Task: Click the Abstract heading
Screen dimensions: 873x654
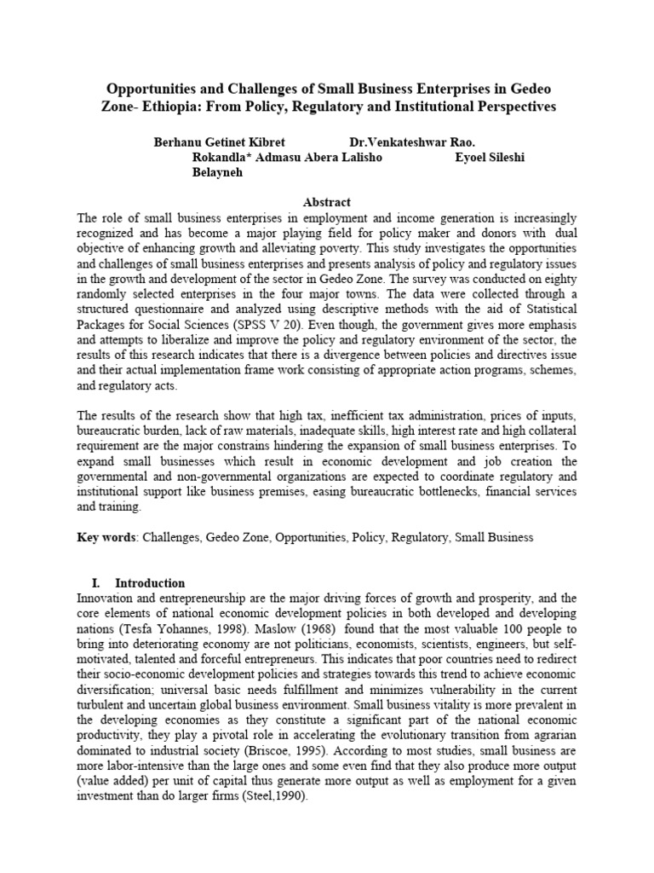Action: [x=327, y=202]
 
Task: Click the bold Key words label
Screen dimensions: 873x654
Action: [x=106, y=537]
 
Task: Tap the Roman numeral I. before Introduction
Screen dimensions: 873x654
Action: [x=95, y=583]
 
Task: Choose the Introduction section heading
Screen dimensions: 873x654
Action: [x=150, y=583]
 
